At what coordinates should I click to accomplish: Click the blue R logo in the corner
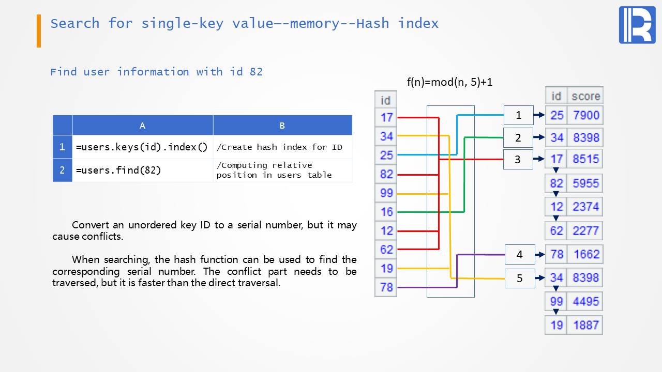pyautogui.click(x=637, y=25)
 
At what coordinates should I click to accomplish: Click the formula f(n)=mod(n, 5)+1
pyautogui.click(x=449, y=82)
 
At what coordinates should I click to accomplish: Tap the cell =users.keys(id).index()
pyautogui.click(x=142, y=147)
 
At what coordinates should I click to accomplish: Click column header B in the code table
pyautogui.click(x=282, y=126)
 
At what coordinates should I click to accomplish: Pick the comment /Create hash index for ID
pyautogui.click(x=279, y=147)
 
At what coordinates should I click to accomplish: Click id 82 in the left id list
pyautogui.click(x=386, y=174)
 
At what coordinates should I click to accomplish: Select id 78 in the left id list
pyautogui.click(x=386, y=287)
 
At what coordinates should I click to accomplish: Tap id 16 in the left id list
pyautogui.click(x=386, y=212)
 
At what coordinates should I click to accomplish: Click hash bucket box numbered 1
pyautogui.click(x=518, y=115)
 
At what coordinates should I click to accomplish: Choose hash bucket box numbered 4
pyautogui.click(x=520, y=255)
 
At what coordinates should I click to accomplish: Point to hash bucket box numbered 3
pyautogui.click(x=518, y=160)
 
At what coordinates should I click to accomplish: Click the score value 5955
pyautogui.click(x=585, y=183)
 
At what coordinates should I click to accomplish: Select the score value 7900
pyautogui.click(x=586, y=115)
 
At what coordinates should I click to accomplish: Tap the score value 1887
pyautogui.click(x=586, y=325)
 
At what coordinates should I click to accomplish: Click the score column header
pyautogui.click(x=585, y=96)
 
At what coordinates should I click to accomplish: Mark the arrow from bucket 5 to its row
pyautogui.click(x=540, y=278)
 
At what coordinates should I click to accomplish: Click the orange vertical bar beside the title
pyautogui.click(x=39, y=31)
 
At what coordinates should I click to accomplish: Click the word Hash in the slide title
pyautogui.click(x=372, y=23)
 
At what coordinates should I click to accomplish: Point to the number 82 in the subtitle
pyautogui.click(x=256, y=72)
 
